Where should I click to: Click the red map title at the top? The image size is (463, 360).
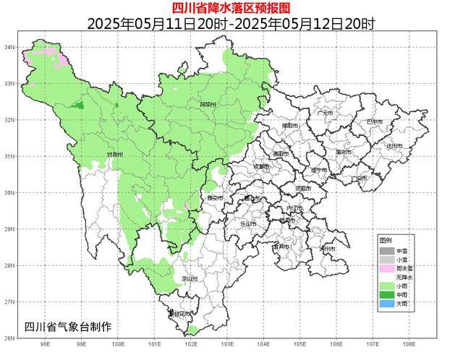231,8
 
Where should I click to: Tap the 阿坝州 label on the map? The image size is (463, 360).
208,105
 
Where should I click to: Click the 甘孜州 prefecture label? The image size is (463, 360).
115,155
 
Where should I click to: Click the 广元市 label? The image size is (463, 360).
324,113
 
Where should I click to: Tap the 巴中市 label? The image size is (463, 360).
375,121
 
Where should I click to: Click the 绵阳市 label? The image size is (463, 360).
292,124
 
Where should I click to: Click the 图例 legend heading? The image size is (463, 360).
386,239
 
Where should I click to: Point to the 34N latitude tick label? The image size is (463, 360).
9,47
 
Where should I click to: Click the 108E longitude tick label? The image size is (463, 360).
410,346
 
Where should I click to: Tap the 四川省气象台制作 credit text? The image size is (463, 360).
68,327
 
